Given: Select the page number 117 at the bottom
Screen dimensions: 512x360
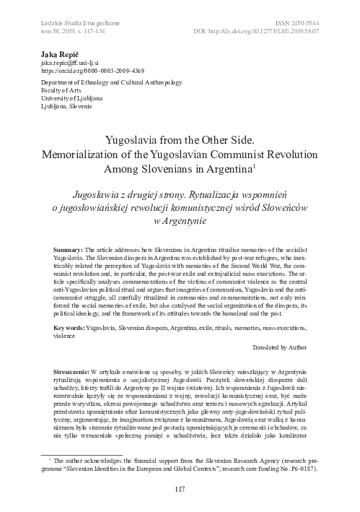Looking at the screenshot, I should coord(180,491).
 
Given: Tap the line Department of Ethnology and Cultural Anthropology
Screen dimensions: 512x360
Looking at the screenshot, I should coord(95,81).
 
